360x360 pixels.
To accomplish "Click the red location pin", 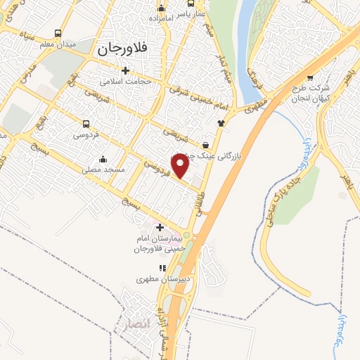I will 181,165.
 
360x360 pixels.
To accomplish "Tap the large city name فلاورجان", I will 119,49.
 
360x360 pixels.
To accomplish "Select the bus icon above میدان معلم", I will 57,34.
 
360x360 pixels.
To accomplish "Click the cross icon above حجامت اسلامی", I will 126,70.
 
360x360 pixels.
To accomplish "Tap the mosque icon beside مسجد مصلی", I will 103,159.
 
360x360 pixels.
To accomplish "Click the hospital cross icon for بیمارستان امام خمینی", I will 160,227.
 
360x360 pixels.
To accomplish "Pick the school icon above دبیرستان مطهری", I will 162,268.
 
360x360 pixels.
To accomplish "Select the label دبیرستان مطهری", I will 161,279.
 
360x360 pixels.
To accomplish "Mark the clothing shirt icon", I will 221,122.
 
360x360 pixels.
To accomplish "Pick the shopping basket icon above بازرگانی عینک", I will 205,144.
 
